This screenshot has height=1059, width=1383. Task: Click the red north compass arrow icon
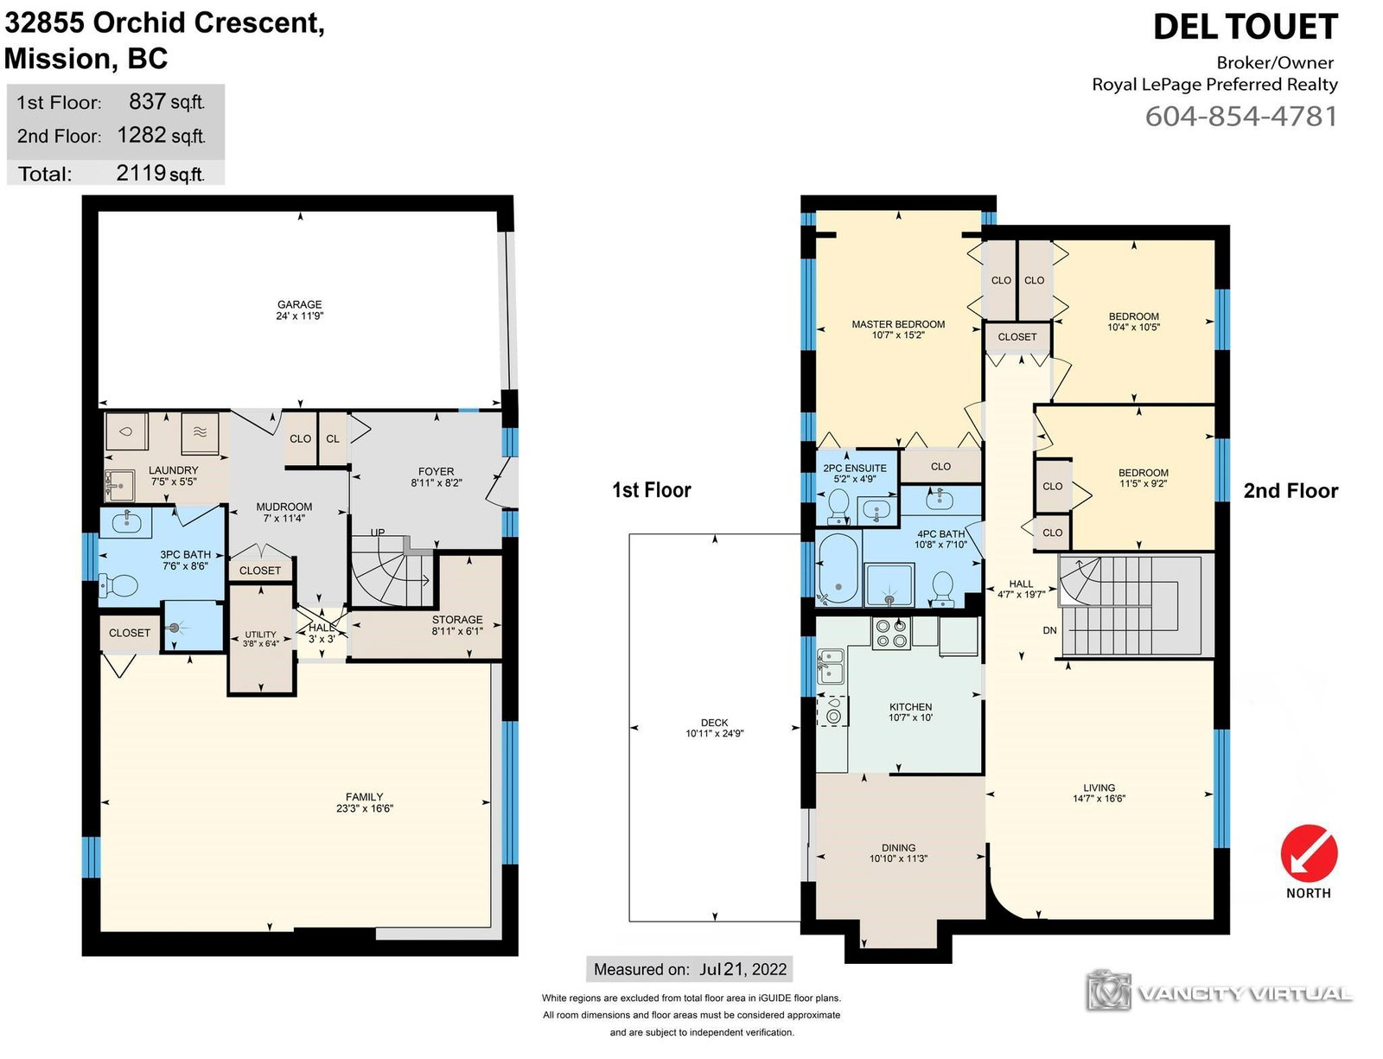[x=1309, y=852]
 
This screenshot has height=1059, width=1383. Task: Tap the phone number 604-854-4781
[x=1241, y=117]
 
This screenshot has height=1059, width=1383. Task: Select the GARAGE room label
[x=299, y=304]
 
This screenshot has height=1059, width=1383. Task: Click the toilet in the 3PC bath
[x=118, y=586]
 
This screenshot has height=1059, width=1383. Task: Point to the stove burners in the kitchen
[x=891, y=633]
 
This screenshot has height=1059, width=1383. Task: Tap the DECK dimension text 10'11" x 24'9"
[x=714, y=733]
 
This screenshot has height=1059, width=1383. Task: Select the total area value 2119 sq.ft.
[x=161, y=173]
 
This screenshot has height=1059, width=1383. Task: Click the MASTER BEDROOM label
[x=898, y=324]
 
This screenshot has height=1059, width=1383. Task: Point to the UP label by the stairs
[x=378, y=532]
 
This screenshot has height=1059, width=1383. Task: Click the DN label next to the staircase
[x=1049, y=630]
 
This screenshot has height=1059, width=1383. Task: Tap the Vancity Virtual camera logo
[x=1109, y=990]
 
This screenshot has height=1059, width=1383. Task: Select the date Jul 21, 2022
[x=742, y=968]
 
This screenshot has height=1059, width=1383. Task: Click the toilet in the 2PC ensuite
[x=838, y=506]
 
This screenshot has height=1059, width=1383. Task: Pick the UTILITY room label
[x=260, y=634]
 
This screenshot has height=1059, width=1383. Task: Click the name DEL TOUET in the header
[x=1246, y=28]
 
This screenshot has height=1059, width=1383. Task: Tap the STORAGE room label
[x=457, y=619]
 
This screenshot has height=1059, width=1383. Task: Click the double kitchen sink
[x=831, y=666]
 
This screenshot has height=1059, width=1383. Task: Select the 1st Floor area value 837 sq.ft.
[x=167, y=102]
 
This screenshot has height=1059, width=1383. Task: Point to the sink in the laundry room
[x=119, y=486]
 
